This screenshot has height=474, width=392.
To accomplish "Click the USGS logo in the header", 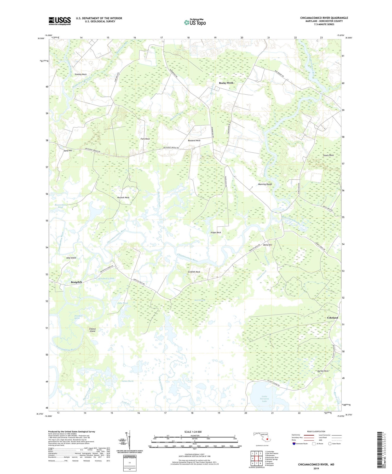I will pos(60,21).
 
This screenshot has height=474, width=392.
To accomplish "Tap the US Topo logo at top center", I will pos(195,22).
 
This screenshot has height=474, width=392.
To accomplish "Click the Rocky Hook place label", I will pos(226,83).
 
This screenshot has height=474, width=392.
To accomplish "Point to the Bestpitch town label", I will pos(76,282).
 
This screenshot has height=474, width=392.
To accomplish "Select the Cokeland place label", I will pos(332,318).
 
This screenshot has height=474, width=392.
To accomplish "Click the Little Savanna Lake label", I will pos(264,399).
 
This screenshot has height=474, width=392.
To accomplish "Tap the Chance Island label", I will pos(93,330).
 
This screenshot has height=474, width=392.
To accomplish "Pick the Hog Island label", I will pos(71,258).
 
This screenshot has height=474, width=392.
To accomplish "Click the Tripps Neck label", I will pos(216,232).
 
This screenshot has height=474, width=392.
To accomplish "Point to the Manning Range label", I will pos(265,184).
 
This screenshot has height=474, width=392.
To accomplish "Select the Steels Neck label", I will pos(328,155).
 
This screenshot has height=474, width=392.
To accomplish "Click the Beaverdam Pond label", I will pos(61,206).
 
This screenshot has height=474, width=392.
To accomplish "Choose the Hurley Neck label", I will pos(323,371).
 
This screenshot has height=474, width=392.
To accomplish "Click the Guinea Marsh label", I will pos(128,381).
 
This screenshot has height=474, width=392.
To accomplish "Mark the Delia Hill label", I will pos(268,245).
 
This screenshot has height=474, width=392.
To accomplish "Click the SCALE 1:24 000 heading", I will pos(193,432).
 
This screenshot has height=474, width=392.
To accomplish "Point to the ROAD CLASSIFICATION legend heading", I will pos(316,431).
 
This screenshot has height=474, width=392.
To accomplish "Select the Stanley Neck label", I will pos(80,74).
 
